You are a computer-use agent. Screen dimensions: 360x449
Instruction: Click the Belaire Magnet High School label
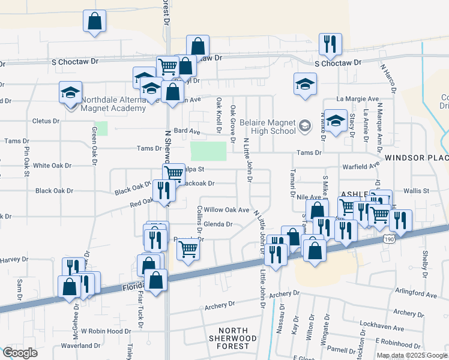point(268,127)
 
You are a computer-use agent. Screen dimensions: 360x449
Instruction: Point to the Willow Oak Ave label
point(226,210)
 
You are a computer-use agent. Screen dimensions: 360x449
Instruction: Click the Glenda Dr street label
point(218,224)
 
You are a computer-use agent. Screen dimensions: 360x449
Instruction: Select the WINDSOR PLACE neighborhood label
point(417,158)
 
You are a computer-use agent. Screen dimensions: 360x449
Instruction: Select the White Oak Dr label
point(52,165)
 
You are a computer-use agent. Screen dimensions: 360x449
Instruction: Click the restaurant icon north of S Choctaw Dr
point(330,44)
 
